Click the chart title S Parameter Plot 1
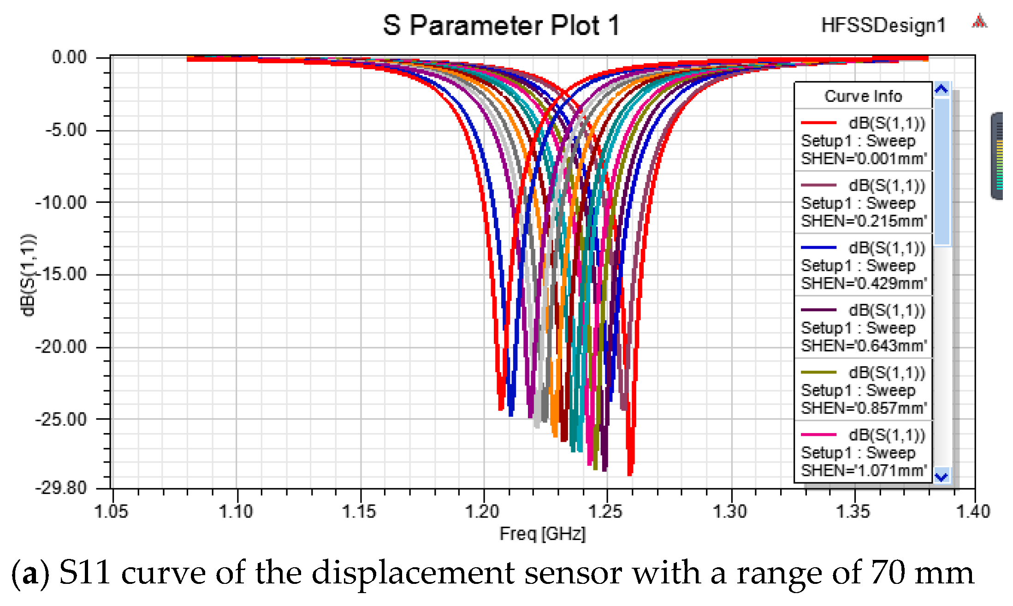click(501, 25)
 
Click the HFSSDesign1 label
click(883, 25)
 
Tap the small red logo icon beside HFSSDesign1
click(979, 22)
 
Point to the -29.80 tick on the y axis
click(61, 487)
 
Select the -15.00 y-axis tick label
click(61, 274)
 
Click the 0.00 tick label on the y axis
click(69, 58)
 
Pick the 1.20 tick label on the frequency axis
click(482, 511)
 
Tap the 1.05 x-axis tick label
click(111, 511)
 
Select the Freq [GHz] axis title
click(542, 534)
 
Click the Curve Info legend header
click(863, 96)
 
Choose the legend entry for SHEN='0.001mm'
click(863, 141)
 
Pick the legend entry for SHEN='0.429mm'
click(863, 266)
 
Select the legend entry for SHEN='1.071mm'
click(863, 453)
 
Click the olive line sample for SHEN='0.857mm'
click(818, 372)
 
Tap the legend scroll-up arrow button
click(942, 89)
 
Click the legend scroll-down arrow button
click(942, 476)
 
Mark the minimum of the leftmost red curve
click(501, 408)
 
